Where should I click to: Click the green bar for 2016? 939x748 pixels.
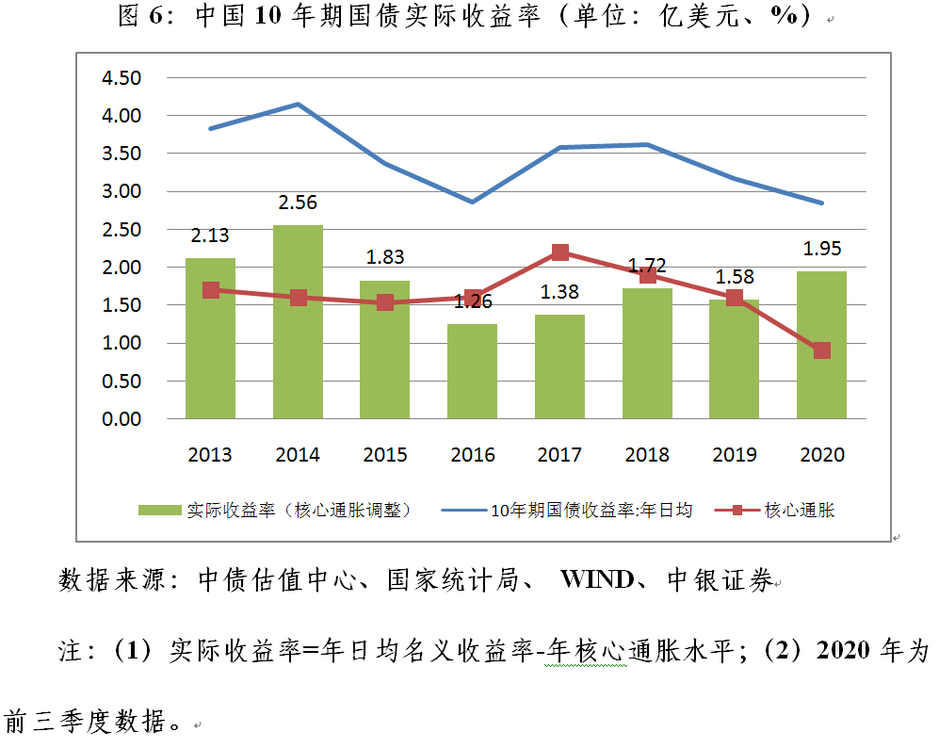pyautogui.click(x=472, y=371)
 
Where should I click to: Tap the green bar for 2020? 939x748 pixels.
pyautogui.click(x=821, y=345)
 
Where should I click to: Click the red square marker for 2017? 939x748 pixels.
pyautogui.click(x=559, y=252)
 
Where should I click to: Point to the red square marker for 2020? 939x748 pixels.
pyautogui.click(x=821, y=350)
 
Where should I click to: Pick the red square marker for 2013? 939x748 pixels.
pyautogui.click(x=211, y=290)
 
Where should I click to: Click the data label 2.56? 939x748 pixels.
pyautogui.click(x=298, y=203)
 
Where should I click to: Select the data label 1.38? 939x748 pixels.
pyautogui.click(x=559, y=292)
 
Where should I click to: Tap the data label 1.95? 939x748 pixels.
pyautogui.click(x=821, y=249)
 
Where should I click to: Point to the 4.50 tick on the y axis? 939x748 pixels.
pyautogui.click(x=120, y=78)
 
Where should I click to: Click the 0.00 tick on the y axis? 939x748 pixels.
pyautogui.click(x=120, y=419)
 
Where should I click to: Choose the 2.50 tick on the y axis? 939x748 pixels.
pyautogui.click(x=120, y=230)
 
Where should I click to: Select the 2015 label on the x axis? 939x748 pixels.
pyautogui.click(x=385, y=455)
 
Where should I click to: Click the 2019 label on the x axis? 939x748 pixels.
pyautogui.click(x=735, y=455)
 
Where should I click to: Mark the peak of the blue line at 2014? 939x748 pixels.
pyautogui.click(x=298, y=104)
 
